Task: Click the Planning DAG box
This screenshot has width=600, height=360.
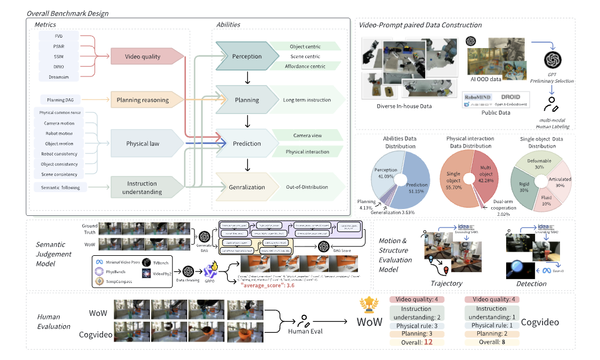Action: click(60, 100)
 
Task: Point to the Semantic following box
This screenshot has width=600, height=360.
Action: click(60, 187)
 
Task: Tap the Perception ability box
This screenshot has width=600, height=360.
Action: click(246, 57)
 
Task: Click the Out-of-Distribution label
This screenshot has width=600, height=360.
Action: click(306, 187)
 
